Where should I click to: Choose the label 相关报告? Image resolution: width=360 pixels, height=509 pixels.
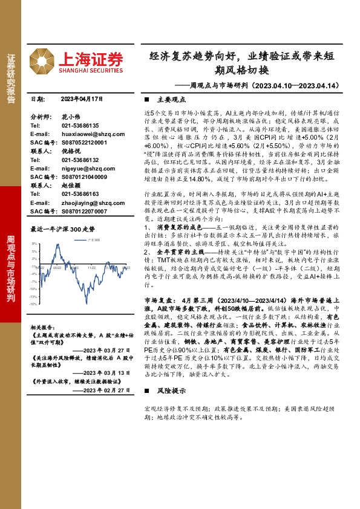pyautogui.click(x=42, y=327)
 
